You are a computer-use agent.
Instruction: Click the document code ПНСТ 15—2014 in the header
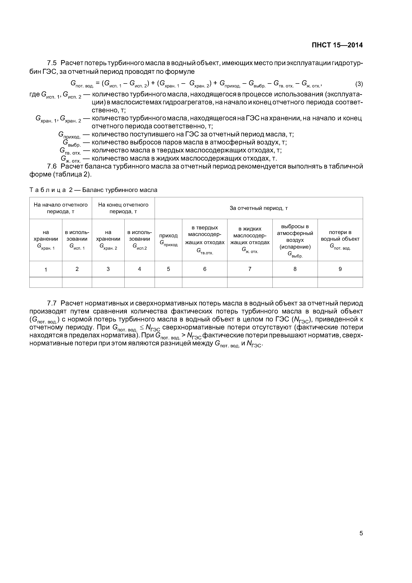(337, 45)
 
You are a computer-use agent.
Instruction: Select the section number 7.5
(52, 63)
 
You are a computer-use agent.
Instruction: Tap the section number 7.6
(52, 166)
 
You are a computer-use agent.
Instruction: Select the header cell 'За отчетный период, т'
(258, 208)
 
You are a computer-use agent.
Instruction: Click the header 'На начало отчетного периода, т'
(61, 208)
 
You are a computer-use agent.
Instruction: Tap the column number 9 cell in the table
(340, 269)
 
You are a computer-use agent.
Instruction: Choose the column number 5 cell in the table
(168, 269)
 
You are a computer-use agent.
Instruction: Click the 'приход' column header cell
(168, 240)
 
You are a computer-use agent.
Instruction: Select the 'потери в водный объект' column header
(340, 240)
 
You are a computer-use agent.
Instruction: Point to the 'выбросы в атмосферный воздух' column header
(295, 240)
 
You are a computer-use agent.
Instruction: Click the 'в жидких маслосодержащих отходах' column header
(250, 240)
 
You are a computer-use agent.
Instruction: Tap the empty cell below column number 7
(250, 282)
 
